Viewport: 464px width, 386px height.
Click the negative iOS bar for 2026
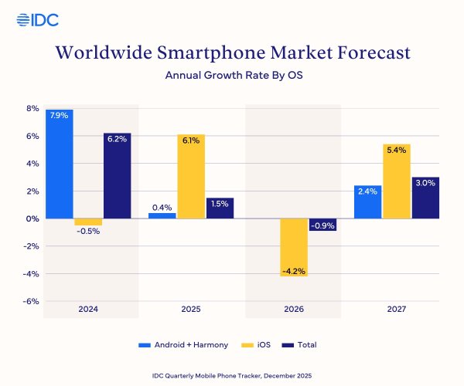(294, 247)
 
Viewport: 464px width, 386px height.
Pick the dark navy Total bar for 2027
(425, 198)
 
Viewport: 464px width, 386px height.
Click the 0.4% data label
(162, 206)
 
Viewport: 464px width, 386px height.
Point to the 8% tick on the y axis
(32, 109)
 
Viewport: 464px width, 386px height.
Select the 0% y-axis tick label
(32, 218)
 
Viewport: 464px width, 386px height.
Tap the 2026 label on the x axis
(294, 309)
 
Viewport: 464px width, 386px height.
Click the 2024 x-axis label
(88, 309)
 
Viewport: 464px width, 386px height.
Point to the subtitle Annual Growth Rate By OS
(232, 76)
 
